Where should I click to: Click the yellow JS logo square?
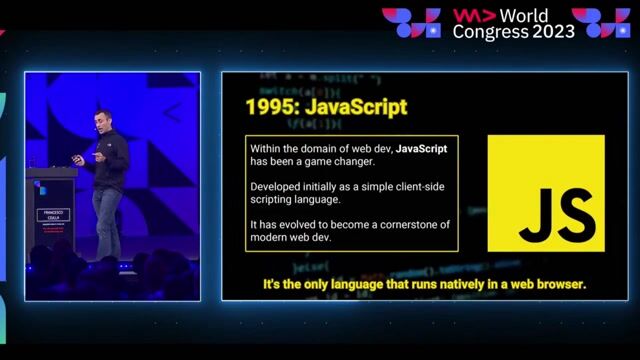(x=546, y=193)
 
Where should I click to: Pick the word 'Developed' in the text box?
(x=276, y=187)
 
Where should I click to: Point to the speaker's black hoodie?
(x=111, y=159)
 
